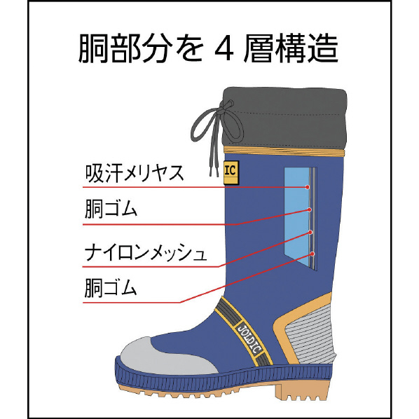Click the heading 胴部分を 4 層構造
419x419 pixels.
[x=209, y=49]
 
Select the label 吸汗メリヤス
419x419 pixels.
[x=135, y=174]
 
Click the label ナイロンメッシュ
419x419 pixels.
[x=146, y=252]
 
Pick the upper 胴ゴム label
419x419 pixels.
[x=111, y=209]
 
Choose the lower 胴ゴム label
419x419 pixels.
[x=111, y=288]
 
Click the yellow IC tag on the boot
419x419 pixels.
[x=231, y=172]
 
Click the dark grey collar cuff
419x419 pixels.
[x=285, y=117]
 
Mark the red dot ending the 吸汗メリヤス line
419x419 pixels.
[x=308, y=187]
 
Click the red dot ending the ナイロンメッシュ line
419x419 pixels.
[x=310, y=232]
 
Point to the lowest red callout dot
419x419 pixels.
[x=312, y=254]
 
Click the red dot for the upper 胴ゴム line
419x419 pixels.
[x=310, y=209]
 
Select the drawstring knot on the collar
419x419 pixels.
[x=229, y=104]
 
